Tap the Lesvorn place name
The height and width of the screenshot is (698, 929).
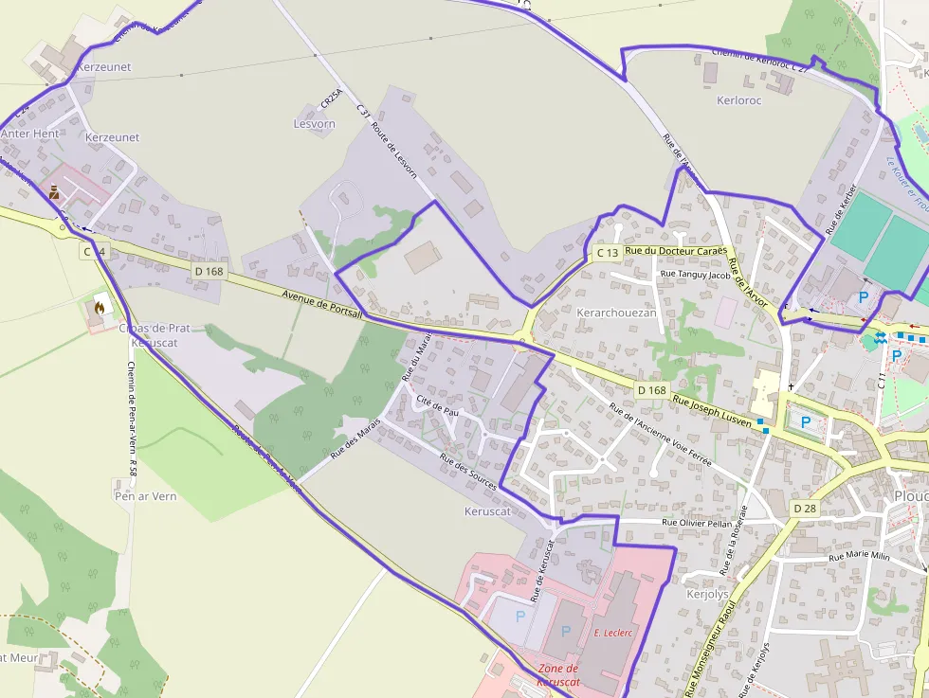pos(315,124)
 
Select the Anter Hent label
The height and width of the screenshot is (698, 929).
pos(29,134)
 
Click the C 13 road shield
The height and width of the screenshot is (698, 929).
pos(608,253)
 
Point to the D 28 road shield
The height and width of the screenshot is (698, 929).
pos(804,509)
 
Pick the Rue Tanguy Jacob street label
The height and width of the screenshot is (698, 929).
pos(696,275)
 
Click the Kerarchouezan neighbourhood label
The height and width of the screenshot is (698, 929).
pos(616,312)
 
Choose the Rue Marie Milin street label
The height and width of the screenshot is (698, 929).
pos(860,556)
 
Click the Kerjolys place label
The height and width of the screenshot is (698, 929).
pos(707,595)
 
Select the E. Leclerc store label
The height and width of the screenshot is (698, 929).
pos(613,633)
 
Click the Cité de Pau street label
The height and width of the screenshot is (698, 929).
pos(437,412)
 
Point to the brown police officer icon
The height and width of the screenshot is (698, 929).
pos(55,191)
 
